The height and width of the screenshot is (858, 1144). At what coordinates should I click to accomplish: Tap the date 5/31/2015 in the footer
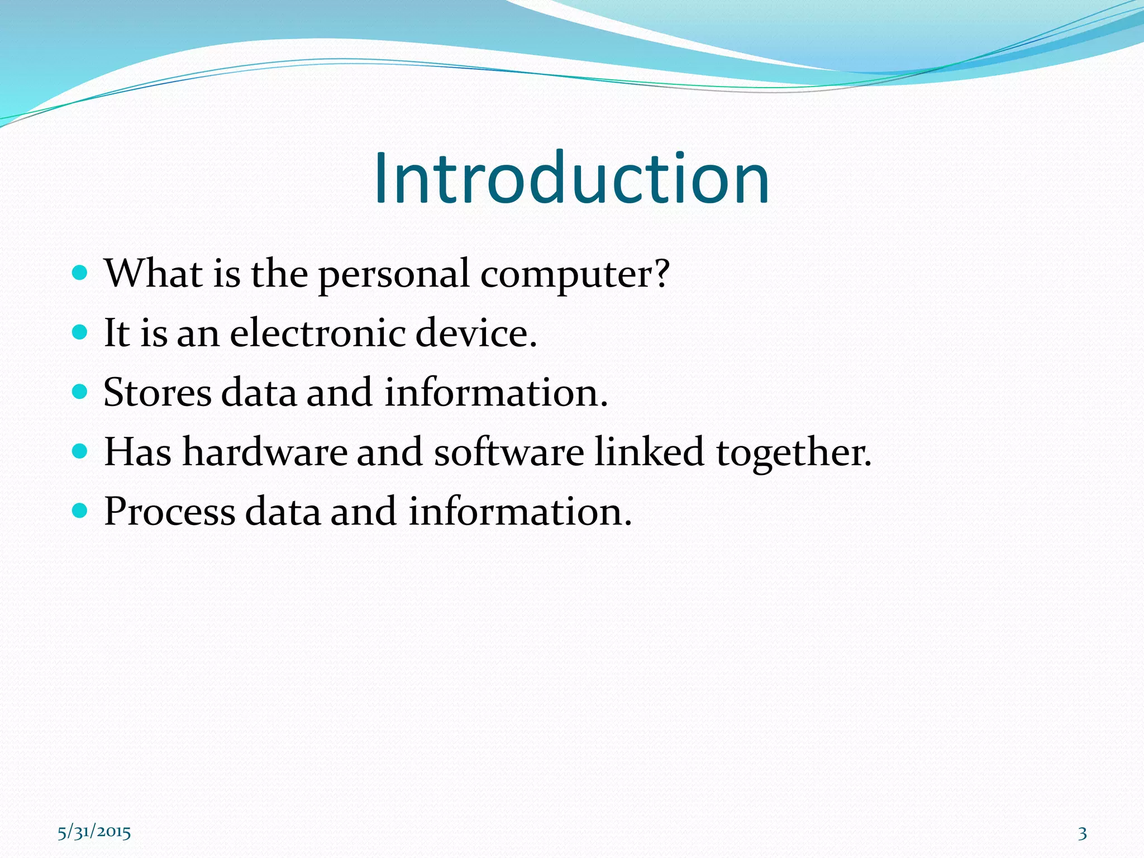point(94,832)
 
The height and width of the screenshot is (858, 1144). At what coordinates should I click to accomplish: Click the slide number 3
point(1083,833)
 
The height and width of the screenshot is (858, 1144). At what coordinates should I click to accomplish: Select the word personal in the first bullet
point(394,275)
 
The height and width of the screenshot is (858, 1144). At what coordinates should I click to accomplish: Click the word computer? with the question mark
point(575,275)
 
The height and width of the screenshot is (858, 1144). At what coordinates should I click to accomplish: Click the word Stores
point(158,392)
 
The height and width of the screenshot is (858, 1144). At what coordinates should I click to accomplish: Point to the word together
point(793,452)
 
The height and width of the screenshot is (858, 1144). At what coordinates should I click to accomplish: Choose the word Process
point(170,512)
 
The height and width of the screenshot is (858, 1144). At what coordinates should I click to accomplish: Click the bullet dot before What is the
point(80,273)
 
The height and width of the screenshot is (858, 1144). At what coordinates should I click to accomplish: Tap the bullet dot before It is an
point(80,332)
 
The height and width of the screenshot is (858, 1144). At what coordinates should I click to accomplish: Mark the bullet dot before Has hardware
point(80,451)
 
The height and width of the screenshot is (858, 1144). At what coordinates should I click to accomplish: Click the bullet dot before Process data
point(80,510)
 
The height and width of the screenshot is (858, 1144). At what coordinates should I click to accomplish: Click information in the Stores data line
point(495,392)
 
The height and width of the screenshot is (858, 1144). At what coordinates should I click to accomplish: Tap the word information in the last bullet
point(519,512)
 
